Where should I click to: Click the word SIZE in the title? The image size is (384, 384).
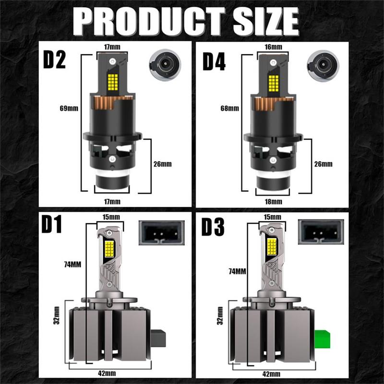pyautogui.click(x=266, y=22)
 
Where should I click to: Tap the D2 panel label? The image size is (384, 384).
pyautogui.click(x=54, y=60)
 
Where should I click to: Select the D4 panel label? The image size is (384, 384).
pyautogui.click(x=214, y=61)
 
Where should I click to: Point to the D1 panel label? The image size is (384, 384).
pyautogui.click(x=52, y=225)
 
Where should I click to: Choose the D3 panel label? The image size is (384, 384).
pyautogui.click(x=213, y=227)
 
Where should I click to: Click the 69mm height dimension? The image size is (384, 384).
pyautogui.click(x=69, y=108)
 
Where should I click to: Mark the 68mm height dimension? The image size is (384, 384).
pyautogui.click(x=230, y=108)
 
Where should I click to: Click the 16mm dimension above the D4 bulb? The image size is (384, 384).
pyautogui.click(x=273, y=47)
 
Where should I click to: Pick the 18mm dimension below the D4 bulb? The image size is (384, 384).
pyautogui.click(x=273, y=202)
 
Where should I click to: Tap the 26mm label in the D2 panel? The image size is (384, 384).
pyautogui.click(x=163, y=164)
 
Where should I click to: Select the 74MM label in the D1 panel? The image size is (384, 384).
pyautogui.click(x=72, y=264)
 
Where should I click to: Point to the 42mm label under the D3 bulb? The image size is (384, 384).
pyautogui.click(x=271, y=374)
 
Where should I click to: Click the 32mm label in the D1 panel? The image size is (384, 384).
pyautogui.click(x=56, y=315)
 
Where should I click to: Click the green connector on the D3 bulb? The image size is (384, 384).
pyautogui.click(x=322, y=339)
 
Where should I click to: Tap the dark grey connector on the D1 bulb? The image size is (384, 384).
pyautogui.click(x=158, y=338)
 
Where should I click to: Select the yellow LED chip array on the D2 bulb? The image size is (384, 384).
pyautogui.click(x=113, y=82)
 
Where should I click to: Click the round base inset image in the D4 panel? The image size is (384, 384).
pyautogui.click(x=323, y=65)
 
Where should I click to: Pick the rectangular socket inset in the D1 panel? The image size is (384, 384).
pyautogui.click(x=162, y=233)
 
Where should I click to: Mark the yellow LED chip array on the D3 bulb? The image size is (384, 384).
pyautogui.click(x=272, y=247)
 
